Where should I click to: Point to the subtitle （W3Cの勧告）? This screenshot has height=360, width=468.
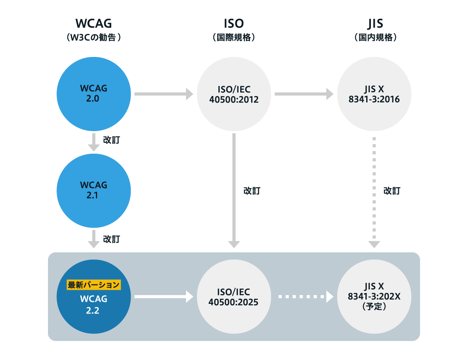(x=94, y=38)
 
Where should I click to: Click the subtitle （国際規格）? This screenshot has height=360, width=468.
(x=234, y=38)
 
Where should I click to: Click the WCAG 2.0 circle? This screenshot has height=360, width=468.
(x=94, y=94)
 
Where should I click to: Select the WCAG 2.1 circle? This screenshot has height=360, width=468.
(x=94, y=190)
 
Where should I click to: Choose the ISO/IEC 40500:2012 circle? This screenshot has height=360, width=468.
(x=234, y=94)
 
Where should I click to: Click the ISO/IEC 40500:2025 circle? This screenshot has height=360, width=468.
(x=234, y=297)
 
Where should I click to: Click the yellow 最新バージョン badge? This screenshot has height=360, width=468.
(x=94, y=285)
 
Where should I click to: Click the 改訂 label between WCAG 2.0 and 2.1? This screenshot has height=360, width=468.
(x=111, y=140)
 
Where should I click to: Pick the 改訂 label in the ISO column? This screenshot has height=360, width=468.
(x=252, y=191)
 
